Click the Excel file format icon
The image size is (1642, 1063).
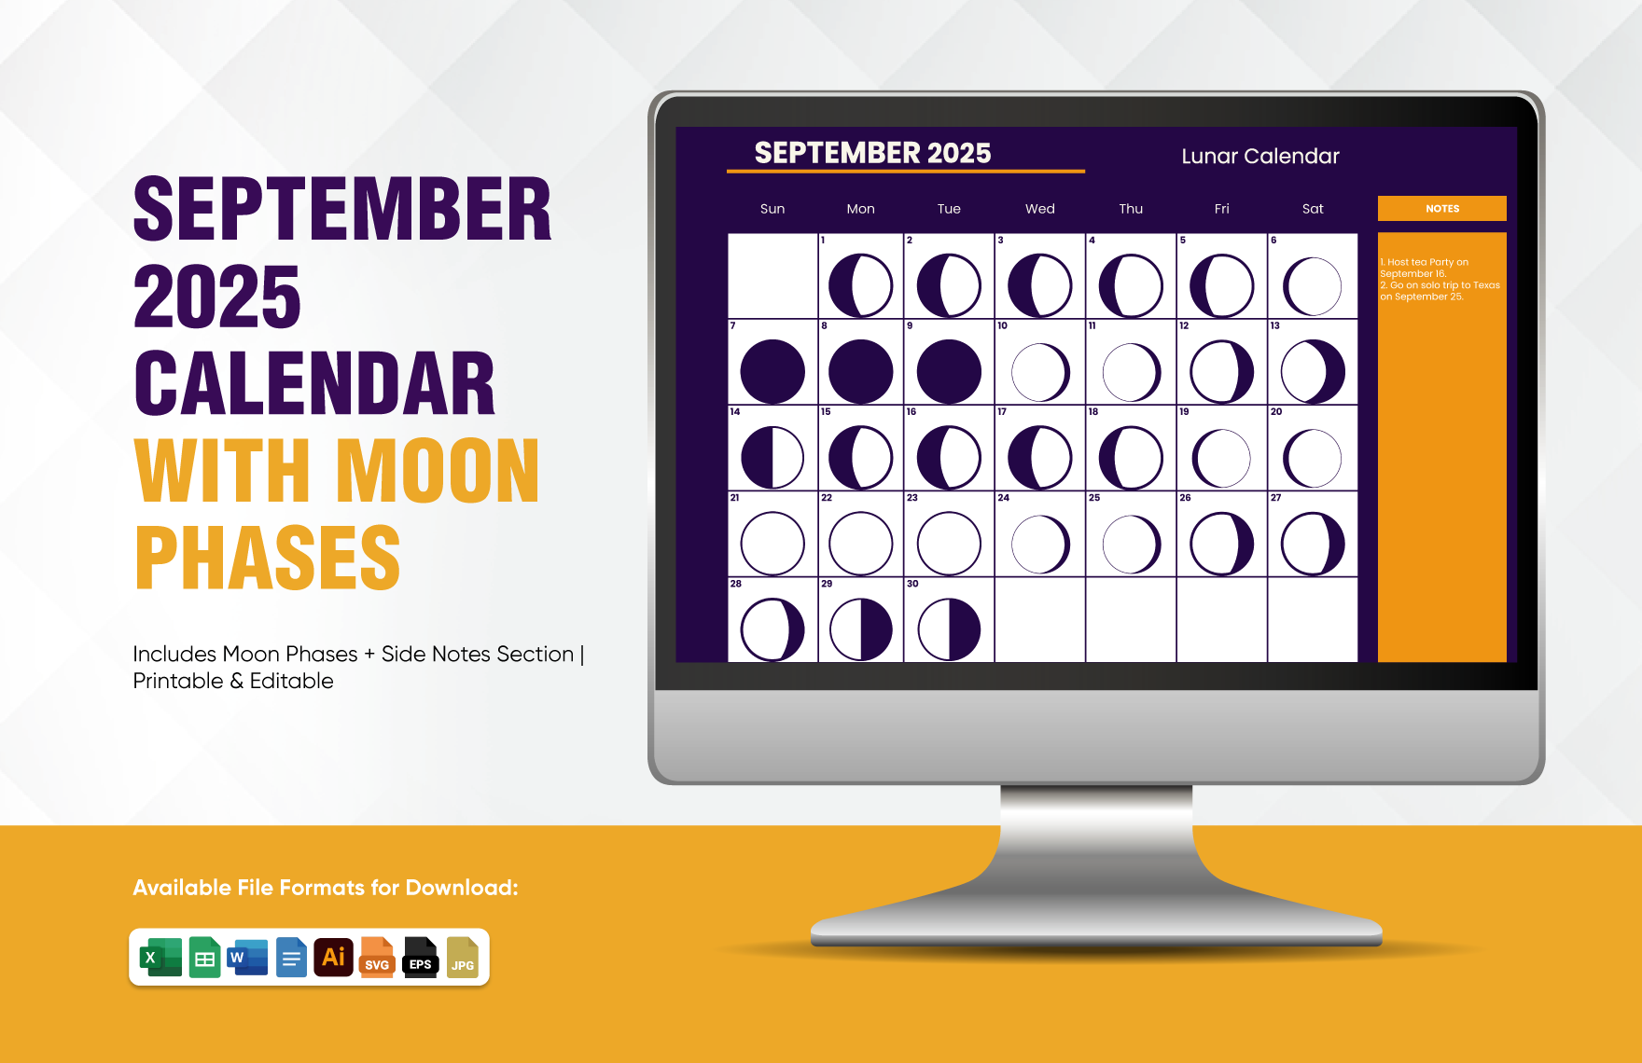[160, 957]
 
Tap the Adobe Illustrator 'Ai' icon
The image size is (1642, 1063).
[333, 957]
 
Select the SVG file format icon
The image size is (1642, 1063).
[377, 957]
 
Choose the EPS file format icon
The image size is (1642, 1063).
[421, 957]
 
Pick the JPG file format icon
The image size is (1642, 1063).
[463, 957]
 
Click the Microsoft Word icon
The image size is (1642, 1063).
[247, 957]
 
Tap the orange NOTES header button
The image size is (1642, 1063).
[1442, 208]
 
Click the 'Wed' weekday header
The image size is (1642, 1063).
[1040, 209]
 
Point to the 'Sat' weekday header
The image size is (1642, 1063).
[1313, 209]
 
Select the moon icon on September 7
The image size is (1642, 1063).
[772, 371]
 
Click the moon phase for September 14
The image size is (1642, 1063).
[772, 458]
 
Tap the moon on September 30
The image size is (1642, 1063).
[949, 629]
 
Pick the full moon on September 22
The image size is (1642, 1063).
[861, 544]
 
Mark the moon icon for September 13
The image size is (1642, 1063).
[1313, 371]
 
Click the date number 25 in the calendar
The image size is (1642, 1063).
[1094, 498]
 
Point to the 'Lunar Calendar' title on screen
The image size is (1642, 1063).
[1260, 156]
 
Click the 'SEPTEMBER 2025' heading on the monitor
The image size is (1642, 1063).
[872, 153]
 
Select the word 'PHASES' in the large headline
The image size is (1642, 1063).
[268, 558]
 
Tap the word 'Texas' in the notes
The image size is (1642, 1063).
[1487, 285]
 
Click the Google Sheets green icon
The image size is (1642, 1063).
[204, 957]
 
